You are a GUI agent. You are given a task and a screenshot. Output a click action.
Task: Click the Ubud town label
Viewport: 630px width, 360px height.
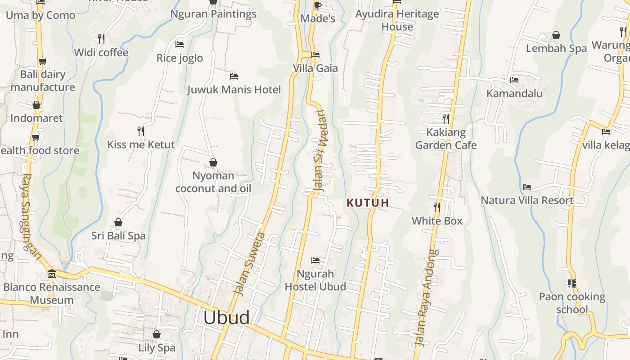[226, 318]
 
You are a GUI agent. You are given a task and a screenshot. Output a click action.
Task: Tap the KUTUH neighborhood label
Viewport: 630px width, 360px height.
[368, 203]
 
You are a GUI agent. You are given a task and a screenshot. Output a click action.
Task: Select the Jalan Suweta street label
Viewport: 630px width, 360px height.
[251, 264]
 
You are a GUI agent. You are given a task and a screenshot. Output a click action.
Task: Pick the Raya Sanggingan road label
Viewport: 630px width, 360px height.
[31, 216]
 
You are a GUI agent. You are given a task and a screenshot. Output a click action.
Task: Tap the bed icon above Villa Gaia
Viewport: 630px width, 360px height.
[315, 55]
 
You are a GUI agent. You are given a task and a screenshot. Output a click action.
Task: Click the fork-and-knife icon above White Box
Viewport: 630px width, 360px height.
[436, 207]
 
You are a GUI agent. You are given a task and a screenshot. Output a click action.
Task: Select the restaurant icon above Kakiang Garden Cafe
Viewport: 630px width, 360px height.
[445, 119]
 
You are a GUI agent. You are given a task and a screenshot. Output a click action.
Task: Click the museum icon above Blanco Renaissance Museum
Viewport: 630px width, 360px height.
[51, 274]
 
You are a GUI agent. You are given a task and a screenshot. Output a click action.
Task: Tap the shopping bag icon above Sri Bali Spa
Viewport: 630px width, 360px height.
[118, 222]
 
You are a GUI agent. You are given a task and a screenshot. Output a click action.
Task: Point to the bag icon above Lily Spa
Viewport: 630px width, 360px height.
[156, 334]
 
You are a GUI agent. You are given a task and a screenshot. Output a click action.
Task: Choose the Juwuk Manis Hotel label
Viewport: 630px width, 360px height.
[234, 90]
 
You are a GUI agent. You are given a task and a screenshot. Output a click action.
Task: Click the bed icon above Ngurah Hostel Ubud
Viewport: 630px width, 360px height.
[315, 260]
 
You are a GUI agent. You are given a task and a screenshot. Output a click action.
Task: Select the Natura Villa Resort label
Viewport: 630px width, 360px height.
[527, 200]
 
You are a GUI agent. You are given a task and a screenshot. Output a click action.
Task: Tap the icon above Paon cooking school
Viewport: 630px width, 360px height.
[571, 283]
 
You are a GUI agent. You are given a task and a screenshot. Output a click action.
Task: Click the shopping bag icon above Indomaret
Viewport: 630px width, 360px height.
[36, 105]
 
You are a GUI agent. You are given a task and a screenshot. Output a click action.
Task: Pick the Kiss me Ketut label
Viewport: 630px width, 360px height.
[141, 145]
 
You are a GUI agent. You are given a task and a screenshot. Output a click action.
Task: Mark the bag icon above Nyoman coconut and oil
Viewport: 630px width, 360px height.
[213, 162]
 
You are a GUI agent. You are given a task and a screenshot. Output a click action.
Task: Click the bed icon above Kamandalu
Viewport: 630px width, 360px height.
[514, 80]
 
